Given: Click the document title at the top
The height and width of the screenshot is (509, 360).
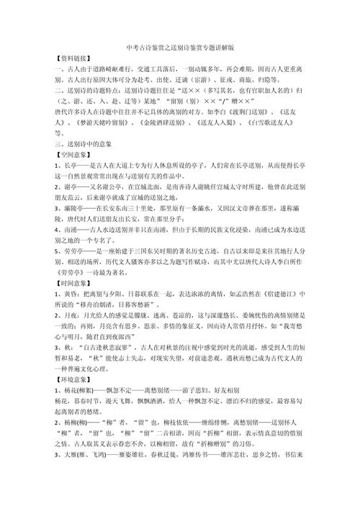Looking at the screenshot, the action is tap(179, 45).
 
